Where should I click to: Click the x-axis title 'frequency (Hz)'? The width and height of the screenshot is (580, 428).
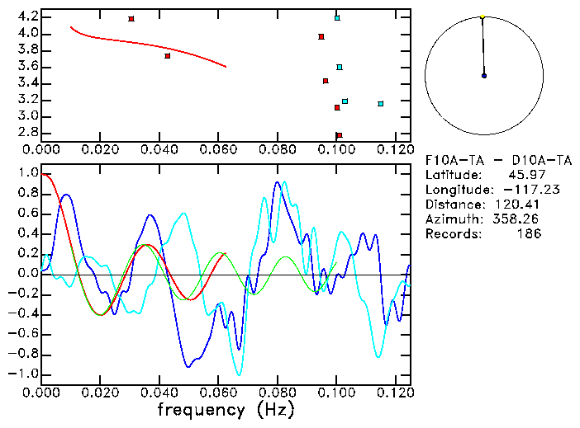tap(226, 409)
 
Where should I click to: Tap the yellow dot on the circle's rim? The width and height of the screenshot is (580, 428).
tap(483, 16)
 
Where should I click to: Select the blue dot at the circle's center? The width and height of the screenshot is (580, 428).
tap(484, 76)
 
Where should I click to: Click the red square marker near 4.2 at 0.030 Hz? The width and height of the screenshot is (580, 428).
tap(131, 19)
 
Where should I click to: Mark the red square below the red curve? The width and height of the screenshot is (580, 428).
tap(168, 56)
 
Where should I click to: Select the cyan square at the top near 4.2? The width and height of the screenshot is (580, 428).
tap(337, 17)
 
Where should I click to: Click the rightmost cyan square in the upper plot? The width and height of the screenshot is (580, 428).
tap(381, 104)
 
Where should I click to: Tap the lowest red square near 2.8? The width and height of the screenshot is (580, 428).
tap(339, 135)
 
